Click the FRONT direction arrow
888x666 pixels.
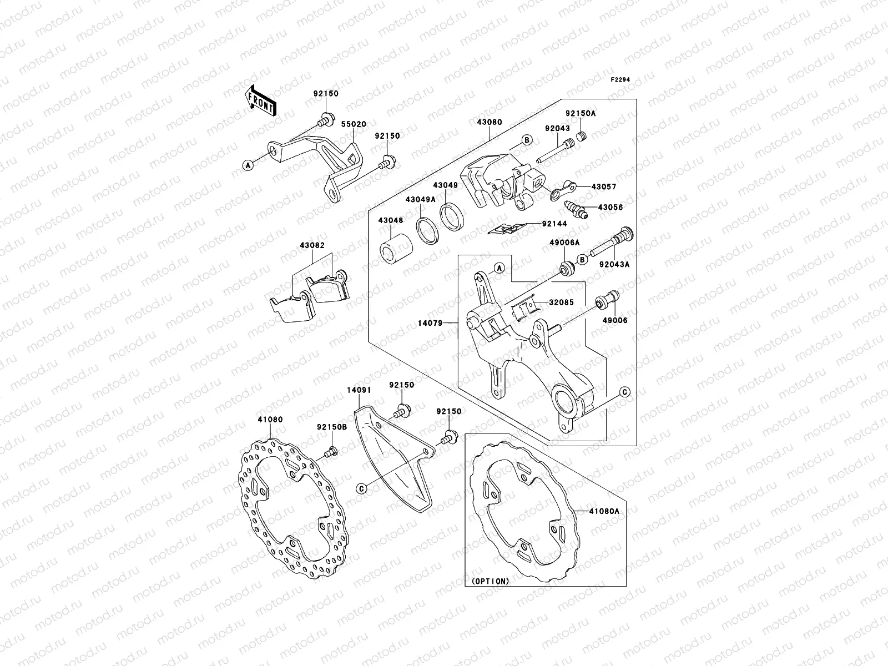tap(262, 100)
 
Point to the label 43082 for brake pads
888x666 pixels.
tap(312, 245)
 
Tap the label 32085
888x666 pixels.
tap(561, 303)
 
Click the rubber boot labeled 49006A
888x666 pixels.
tap(566, 269)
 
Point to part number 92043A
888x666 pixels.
tap(614, 265)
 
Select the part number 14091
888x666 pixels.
tap(359, 390)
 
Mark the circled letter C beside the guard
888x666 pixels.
tap(361, 488)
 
